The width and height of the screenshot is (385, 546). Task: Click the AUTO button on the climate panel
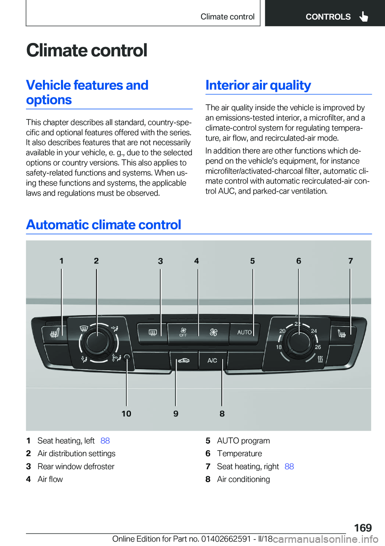tap(244, 332)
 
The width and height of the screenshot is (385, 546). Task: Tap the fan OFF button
tap(183, 332)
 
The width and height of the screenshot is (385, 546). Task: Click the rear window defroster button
tap(152, 332)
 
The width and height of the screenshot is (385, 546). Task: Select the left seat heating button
tap(54, 333)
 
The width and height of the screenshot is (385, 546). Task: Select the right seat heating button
tap(342, 333)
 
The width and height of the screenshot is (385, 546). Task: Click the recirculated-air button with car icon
tap(184, 360)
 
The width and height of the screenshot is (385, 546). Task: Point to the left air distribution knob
tap(97, 342)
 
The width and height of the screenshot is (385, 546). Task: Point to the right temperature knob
tap(299, 342)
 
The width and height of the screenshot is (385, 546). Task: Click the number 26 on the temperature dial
tap(318, 347)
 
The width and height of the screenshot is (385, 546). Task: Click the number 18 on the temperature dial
tap(279, 347)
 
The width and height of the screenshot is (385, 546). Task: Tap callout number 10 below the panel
tap(126, 414)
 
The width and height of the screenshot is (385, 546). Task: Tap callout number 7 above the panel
tap(351, 261)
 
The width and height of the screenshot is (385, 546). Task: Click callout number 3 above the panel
tap(160, 261)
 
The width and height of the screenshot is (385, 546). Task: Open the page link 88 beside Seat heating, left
tap(105, 441)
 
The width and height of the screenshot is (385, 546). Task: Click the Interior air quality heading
tap(258, 85)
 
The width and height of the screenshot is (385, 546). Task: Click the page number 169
tap(363, 528)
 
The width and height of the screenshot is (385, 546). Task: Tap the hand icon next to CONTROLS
tap(364, 16)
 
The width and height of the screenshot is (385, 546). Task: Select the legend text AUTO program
tap(243, 441)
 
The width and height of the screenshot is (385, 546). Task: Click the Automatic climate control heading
tap(104, 225)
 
